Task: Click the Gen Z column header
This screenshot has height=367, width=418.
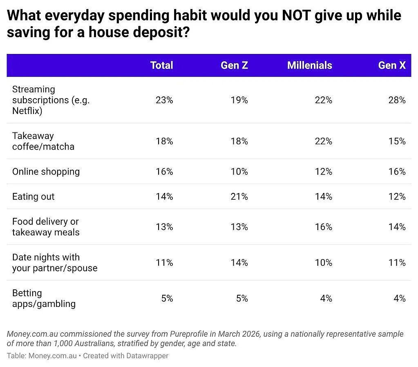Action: pos(234,65)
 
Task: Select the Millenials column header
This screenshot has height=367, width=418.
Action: pos(310,65)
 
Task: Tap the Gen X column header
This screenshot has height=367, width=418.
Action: pos(392,65)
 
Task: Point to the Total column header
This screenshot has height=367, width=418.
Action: pos(162,65)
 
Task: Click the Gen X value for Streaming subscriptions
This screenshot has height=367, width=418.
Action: pos(397,100)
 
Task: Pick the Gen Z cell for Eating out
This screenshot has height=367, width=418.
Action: pos(239,197)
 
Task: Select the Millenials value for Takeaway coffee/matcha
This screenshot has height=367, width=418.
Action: pos(324,141)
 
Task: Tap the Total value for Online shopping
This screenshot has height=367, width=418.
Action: pos(165,172)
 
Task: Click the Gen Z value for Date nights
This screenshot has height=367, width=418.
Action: pos(239,263)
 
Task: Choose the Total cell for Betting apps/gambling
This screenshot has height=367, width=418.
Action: pos(167,298)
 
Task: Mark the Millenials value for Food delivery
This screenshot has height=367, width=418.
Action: pos(324,227)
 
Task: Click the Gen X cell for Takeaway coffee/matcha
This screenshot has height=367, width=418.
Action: pos(397,141)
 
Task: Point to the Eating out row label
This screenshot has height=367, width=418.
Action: pos(34,197)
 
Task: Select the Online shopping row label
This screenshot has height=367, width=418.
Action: pos(46,172)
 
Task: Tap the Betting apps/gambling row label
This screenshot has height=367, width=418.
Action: pos(44,298)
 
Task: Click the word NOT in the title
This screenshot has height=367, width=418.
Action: pos(296,15)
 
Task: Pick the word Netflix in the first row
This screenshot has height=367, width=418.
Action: pos(26,111)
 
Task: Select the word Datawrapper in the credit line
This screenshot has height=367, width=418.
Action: pos(147,356)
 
